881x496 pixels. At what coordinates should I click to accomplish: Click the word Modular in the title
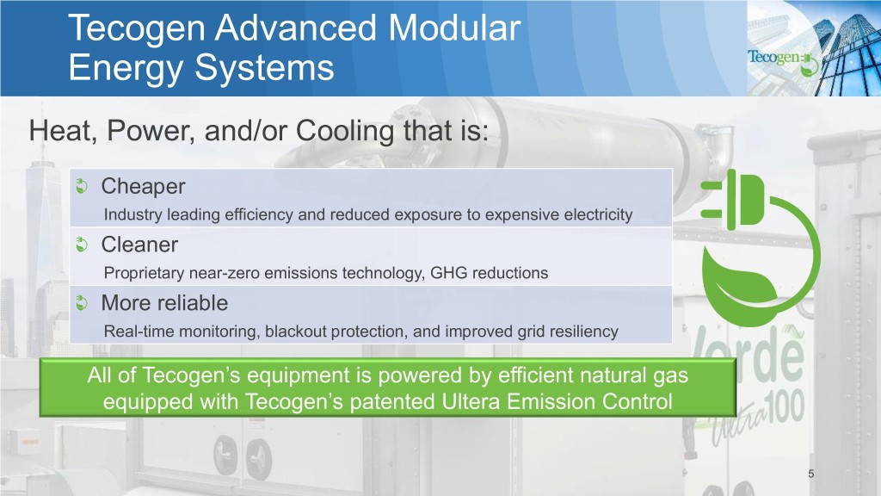[454, 28]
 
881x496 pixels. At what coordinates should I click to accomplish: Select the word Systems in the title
[264, 68]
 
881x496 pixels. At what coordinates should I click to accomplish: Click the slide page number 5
[810, 474]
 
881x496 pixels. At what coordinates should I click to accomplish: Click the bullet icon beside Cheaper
[82, 186]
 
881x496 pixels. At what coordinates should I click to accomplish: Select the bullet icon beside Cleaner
[82, 245]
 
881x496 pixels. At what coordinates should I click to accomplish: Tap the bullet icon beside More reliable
[82, 303]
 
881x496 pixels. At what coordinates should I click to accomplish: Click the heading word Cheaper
[144, 187]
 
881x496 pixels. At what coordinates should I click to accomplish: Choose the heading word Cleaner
[139, 245]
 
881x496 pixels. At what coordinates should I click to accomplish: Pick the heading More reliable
[164, 303]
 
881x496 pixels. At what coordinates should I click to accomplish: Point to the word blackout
[296, 332]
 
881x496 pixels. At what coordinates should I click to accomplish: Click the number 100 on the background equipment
[785, 407]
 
